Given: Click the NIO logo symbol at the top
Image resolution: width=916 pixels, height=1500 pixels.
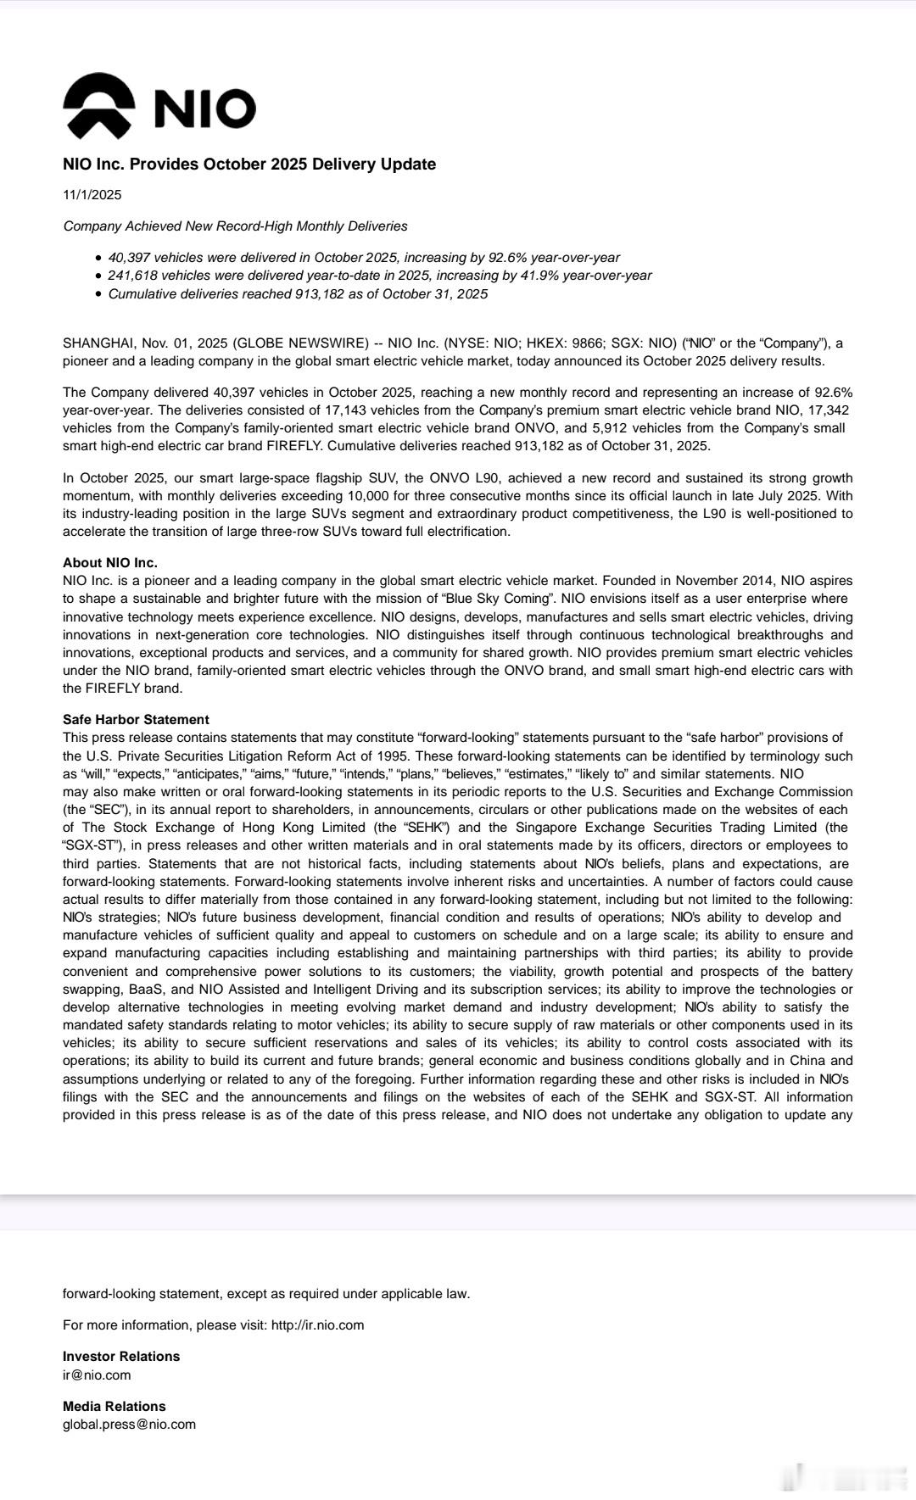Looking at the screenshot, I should (98, 106).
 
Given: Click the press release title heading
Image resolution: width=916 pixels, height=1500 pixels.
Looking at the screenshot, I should (249, 164).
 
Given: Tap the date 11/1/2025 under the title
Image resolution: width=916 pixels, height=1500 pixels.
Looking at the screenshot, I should (92, 195).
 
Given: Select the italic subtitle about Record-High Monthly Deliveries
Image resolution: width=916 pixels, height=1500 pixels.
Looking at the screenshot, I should (235, 226).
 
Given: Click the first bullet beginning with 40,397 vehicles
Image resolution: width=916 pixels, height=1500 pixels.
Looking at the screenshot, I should (364, 258).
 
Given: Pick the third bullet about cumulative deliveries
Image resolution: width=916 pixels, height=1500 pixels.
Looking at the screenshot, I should (298, 294).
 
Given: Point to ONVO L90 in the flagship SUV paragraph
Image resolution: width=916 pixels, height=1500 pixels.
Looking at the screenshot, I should (457, 478).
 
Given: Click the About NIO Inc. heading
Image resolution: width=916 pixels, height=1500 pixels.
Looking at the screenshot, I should (110, 563).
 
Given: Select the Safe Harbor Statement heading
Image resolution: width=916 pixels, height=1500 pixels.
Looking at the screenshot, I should (136, 720).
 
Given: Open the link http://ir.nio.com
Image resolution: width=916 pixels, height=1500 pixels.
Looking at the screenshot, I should (317, 1325).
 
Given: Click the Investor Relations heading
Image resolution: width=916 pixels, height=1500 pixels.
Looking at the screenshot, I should (121, 1357).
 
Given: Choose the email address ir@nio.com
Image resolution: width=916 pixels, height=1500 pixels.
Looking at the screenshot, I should (97, 1375).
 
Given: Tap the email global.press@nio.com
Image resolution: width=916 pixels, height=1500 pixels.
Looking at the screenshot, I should (129, 1425).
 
